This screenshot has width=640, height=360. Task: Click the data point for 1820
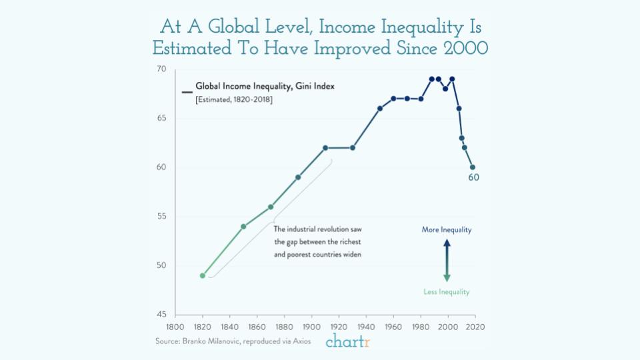203,275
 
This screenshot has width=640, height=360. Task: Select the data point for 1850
243,227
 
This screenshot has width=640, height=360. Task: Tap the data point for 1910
325,148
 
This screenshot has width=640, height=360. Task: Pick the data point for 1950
380,109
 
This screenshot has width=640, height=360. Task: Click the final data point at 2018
473,167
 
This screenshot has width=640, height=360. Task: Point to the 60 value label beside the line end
473,178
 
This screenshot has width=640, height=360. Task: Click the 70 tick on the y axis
161,69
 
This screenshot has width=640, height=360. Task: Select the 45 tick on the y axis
161,315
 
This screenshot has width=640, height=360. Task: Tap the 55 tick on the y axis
161,217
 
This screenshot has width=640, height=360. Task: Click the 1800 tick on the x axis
175,327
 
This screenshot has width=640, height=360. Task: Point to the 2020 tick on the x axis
475,327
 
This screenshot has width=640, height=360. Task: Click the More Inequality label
446,230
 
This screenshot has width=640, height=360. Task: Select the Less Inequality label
447,292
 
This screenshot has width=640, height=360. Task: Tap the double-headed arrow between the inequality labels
447,261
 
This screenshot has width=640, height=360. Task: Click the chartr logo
347,342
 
